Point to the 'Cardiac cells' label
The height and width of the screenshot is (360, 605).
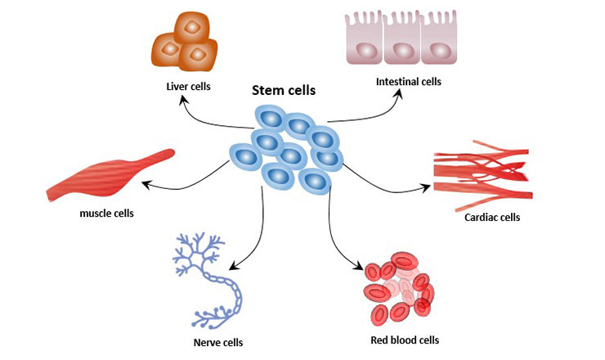pos(492,218)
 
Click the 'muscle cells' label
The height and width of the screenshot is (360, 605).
pos(106,214)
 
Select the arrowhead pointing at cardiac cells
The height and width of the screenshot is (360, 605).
pos(428,188)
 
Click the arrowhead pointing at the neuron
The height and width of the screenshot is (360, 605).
pos(231,265)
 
